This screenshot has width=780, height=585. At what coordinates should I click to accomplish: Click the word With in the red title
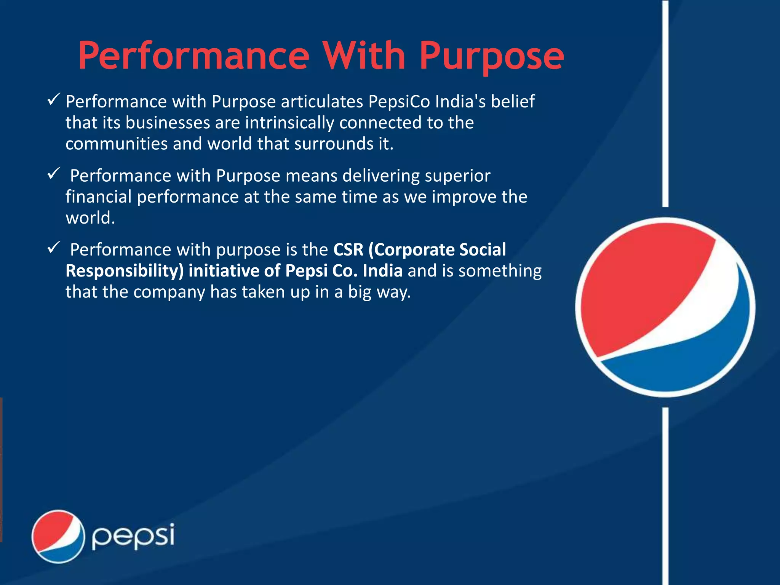[x=364, y=56]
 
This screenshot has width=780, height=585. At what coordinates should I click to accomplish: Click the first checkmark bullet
[x=53, y=100]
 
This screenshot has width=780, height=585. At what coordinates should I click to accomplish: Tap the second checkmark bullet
[x=53, y=174]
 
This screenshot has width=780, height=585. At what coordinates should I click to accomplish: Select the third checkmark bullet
[x=53, y=248]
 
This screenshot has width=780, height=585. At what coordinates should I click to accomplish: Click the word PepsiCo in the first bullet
[x=399, y=102]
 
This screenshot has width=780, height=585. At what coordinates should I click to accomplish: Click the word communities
[x=116, y=144]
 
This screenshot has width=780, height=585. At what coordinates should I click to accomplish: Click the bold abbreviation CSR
[x=348, y=250]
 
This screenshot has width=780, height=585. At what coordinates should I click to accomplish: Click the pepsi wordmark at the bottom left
[x=133, y=536]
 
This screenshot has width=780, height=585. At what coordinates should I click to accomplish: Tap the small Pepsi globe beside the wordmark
[x=58, y=536]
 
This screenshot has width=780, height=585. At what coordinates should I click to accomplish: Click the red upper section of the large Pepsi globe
[x=640, y=282]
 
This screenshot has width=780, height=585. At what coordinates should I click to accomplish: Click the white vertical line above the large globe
[x=665, y=103]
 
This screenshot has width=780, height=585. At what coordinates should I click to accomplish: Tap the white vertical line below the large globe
[x=665, y=495]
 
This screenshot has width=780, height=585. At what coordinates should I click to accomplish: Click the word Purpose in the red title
[x=491, y=56]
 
